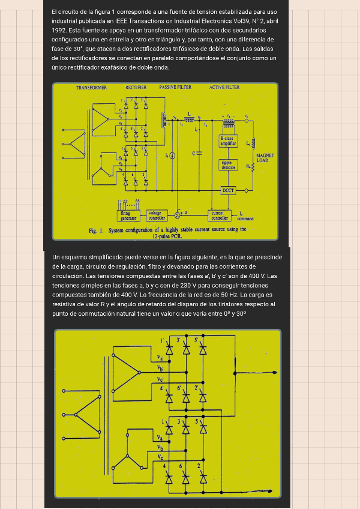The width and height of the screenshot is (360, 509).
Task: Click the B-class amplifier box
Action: point(228,142)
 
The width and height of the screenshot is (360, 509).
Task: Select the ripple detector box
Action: point(228,164)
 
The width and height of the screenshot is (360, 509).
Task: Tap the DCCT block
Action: point(228,190)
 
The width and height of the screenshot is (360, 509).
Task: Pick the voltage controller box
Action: point(157,215)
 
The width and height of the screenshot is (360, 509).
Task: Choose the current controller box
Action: point(218,215)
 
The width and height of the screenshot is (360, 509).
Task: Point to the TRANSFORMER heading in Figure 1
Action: point(91,88)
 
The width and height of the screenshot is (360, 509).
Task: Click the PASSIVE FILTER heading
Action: point(175,88)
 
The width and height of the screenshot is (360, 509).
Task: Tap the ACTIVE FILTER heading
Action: point(224,88)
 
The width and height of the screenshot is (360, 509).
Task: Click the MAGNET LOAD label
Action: point(265,158)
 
